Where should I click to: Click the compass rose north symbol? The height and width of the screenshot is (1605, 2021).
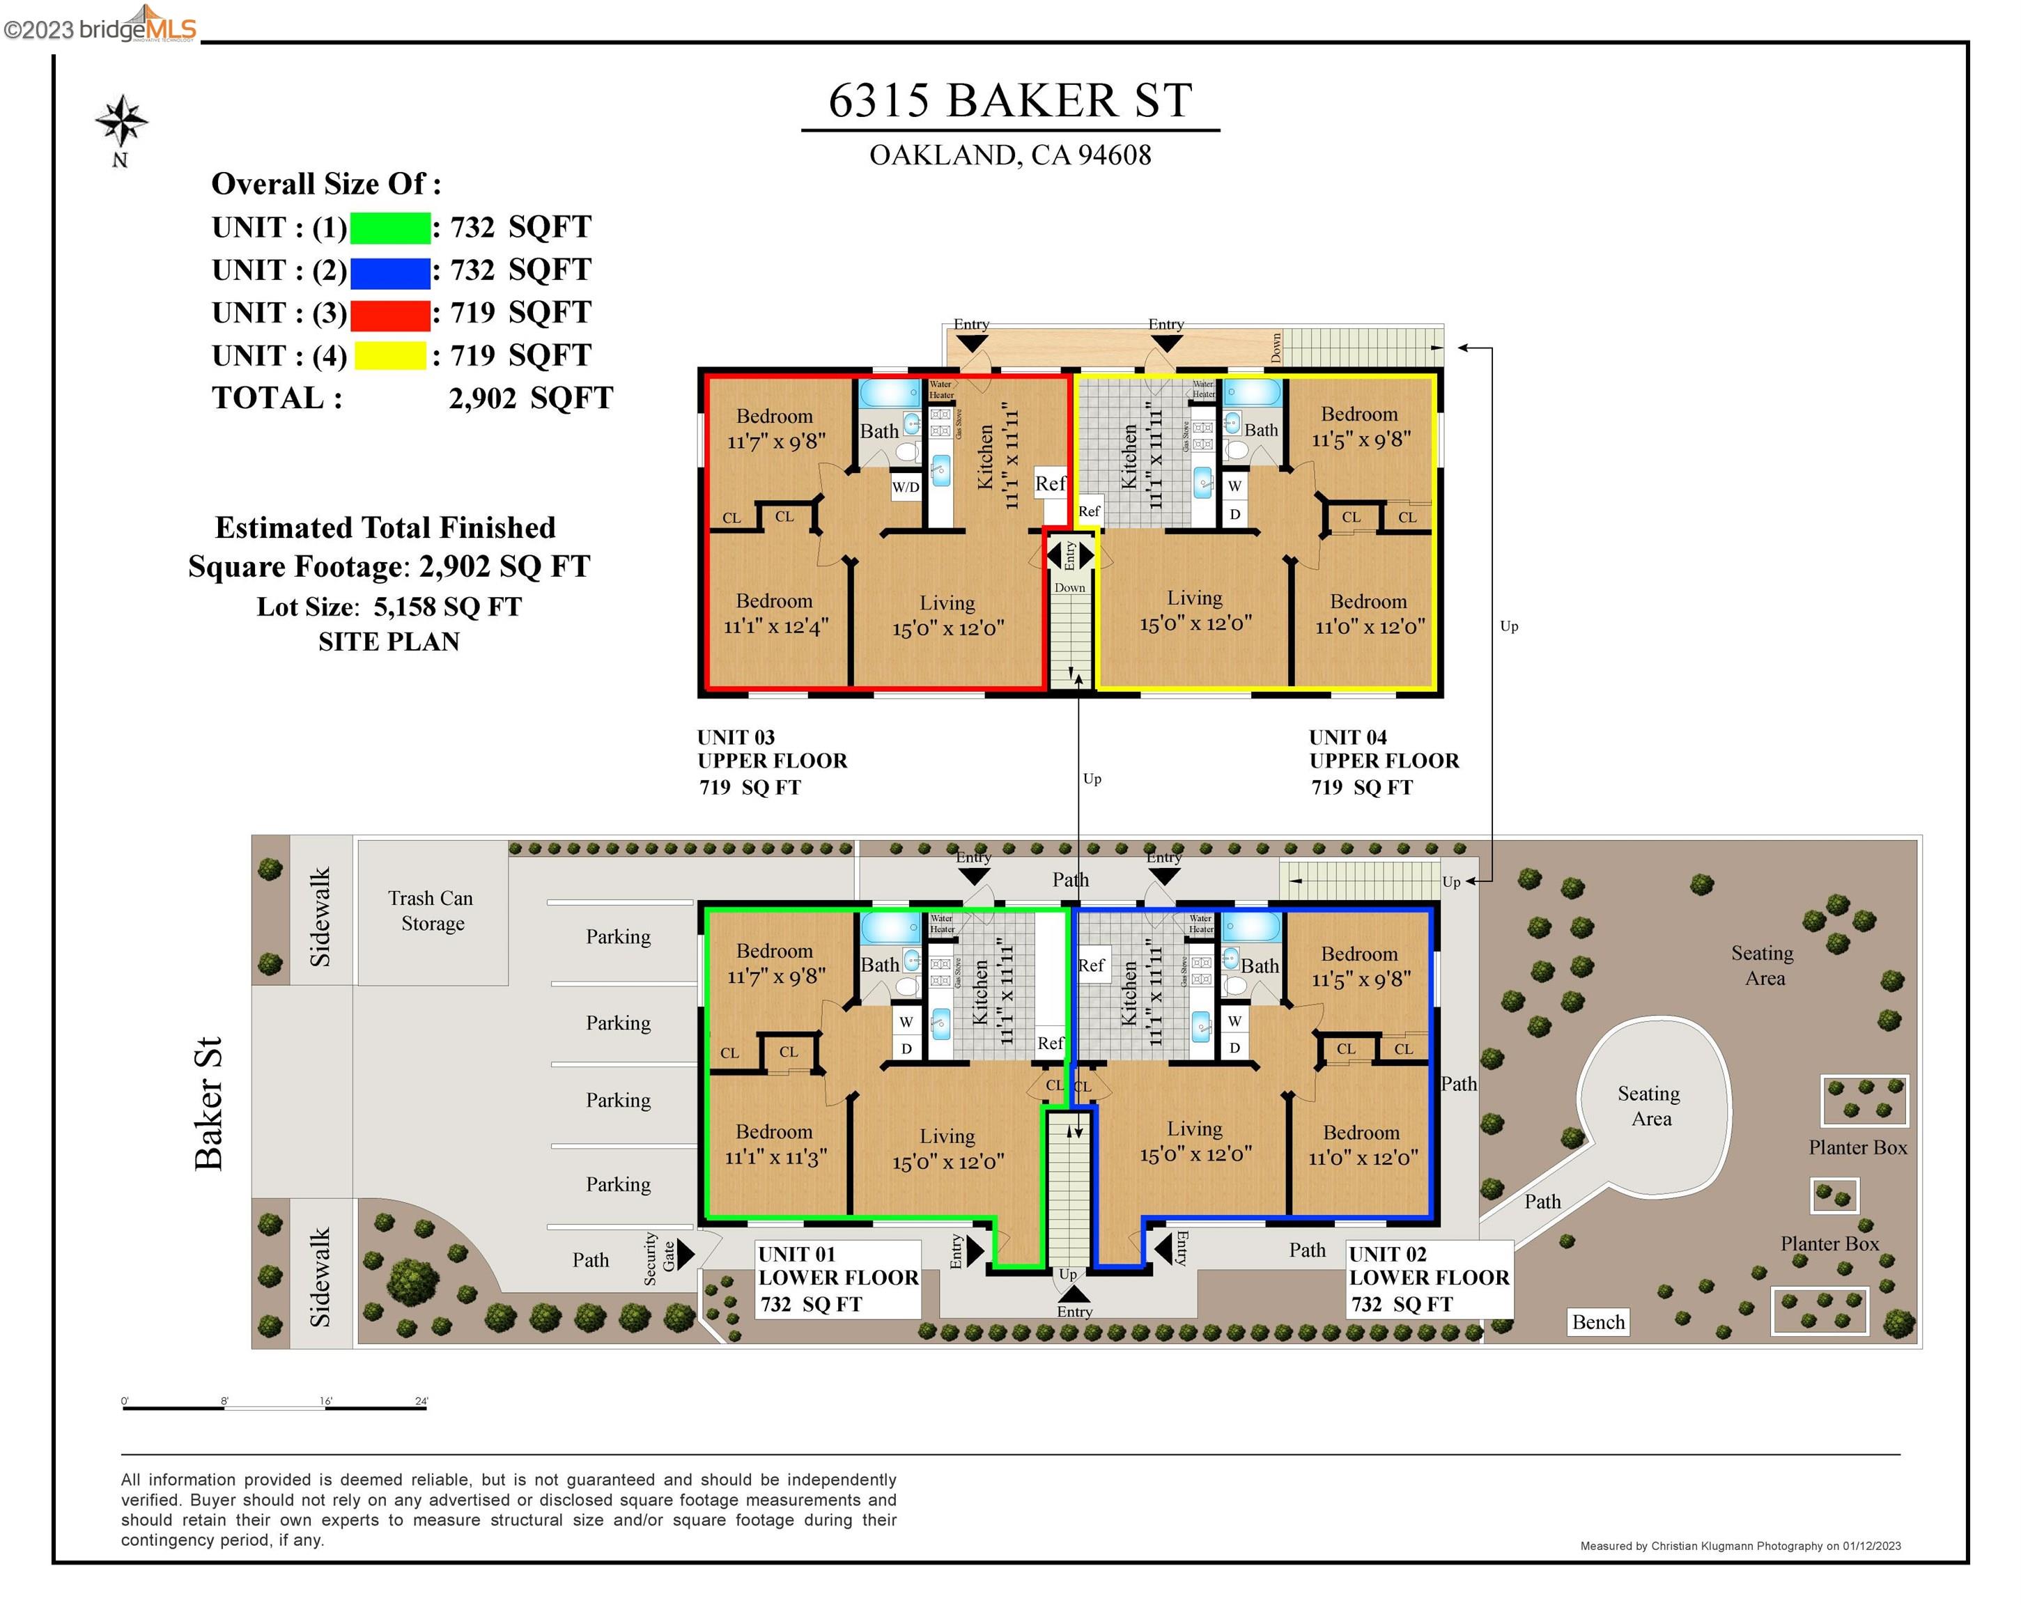pyautogui.click(x=121, y=122)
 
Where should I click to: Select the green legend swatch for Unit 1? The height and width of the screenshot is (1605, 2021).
pyautogui.click(x=390, y=228)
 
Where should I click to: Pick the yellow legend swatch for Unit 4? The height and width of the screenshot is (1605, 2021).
pyautogui.click(x=390, y=356)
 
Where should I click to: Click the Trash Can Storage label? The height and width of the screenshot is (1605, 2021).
pyautogui.click(x=431, y=910)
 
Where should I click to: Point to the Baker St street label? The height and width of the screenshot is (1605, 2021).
pyautogui.click(x=208, y=1103)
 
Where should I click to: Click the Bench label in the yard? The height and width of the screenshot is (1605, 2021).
pyautogui.click(x=1597, y=1322)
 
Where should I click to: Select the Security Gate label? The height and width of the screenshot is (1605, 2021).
pyautogui.click(x=658, y=1257)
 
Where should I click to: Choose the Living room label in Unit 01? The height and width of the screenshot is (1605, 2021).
pyautogui.click(x=947, y=1136)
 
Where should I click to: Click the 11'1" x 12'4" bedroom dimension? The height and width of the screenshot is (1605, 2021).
pyautogui.click(x=775, y=626)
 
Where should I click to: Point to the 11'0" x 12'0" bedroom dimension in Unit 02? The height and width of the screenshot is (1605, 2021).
pyautogui.click(x=1363, y=1158)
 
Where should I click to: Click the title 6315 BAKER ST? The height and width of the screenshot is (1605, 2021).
pyautogui.click(x=1009, y=100)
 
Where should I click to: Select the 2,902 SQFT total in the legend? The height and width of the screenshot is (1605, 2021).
pyautogui.click(x=531, y=398)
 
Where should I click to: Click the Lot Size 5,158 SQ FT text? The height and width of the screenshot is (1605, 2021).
pyautogui.click(x=389, y=607)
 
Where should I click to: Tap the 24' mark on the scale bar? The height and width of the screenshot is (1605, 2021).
pyautogui.click(x=421, y=1402)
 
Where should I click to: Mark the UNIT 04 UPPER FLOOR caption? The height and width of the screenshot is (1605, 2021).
pyautogui.click(x=1383, y=749)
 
